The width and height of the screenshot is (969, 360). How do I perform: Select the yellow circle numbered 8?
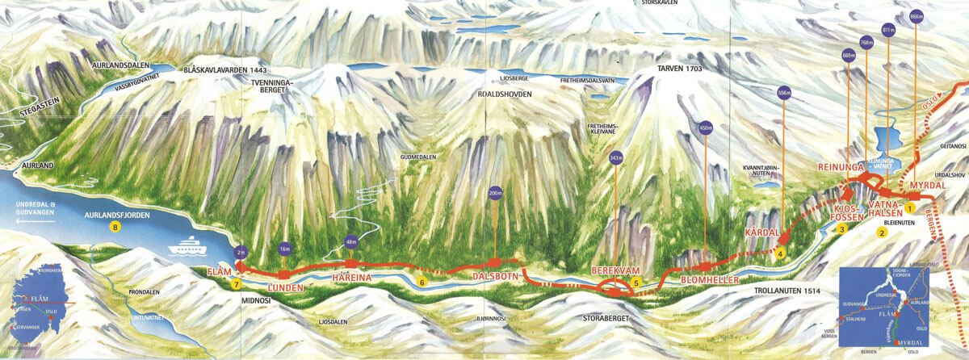[115, 228]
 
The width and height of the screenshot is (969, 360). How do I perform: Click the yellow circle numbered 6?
[422, 282]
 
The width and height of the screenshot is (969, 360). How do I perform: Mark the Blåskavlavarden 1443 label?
[225, 69]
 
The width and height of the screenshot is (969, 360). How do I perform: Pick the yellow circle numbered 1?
[909, 207]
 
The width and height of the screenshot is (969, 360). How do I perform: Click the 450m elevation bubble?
[706, 126]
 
